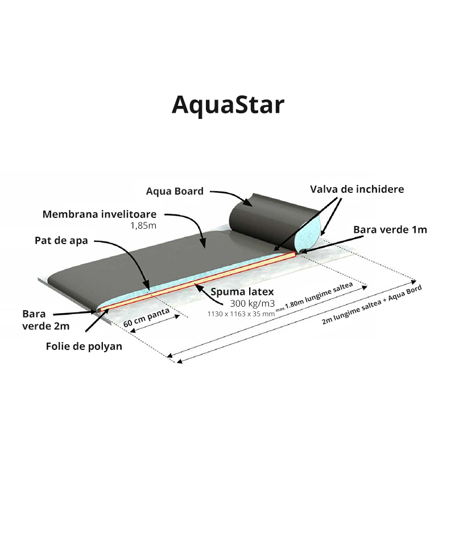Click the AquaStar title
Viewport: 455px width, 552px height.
coord(227,105)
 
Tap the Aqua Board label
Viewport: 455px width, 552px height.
coord(175,191)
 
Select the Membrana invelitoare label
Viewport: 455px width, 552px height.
coord(100,214)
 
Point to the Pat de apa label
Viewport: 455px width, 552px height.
coord(61,241)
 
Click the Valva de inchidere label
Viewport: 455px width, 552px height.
coord(357,190)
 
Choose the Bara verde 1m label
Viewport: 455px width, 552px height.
coord(390,230)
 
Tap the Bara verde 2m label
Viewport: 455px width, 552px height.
coord(45,320)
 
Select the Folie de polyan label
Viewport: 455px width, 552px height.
coord(84,347)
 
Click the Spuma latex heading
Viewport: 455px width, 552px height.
coord(242,292)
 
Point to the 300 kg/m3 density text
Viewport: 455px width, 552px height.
coord(253,303)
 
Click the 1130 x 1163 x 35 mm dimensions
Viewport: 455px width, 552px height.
coord(241,314)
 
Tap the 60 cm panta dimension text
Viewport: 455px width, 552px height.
coord(146,318)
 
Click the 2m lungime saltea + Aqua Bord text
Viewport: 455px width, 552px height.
coord(371,305)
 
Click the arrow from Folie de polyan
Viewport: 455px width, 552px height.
coord(97,320)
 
